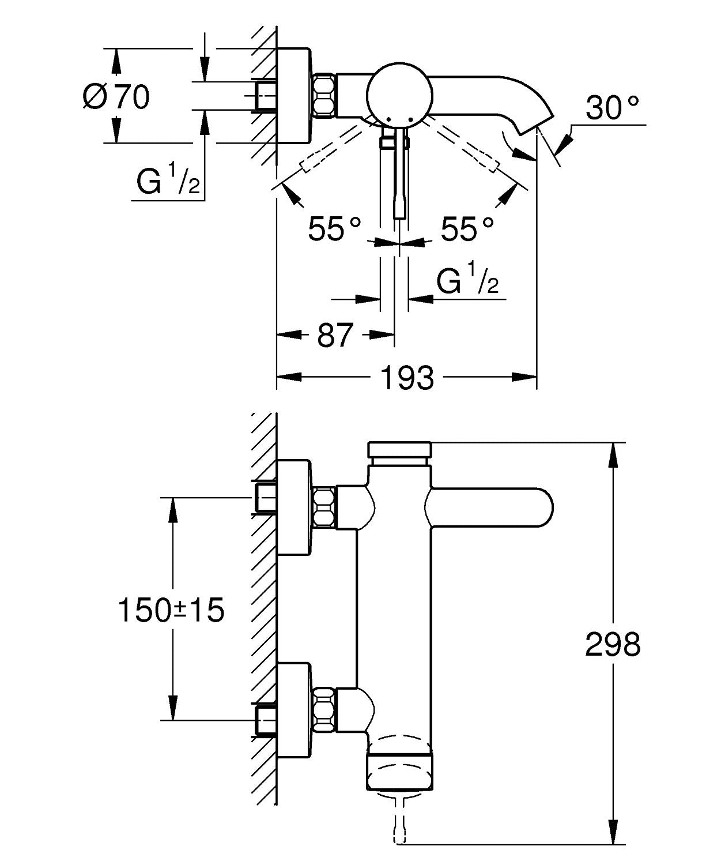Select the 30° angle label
(612, 108)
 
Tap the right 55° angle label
(467, 229)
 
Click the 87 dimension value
(335, 334)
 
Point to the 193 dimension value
(407, 378)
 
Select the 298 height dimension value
(613, 644)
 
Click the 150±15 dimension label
(171, 610)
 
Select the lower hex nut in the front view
(324, 708)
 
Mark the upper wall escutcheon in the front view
(295, 507)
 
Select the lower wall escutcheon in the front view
(295, 709)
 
